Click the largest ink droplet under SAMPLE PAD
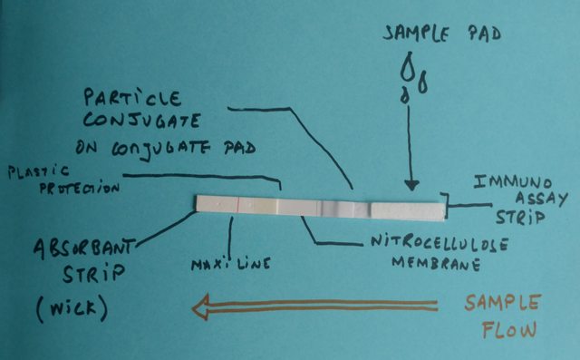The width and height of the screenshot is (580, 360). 408,66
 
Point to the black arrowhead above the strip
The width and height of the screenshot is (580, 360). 411,185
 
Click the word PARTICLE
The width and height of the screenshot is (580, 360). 132,98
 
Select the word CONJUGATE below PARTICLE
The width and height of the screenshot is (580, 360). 141,122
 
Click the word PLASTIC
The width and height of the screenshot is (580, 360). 38,172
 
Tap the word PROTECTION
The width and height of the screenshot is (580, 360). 80,188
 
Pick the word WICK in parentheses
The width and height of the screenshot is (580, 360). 72,309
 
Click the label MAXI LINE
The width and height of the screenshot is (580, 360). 231,264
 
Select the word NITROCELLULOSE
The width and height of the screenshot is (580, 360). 440,243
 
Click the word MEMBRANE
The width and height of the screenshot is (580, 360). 436,264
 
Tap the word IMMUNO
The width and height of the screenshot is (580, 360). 513,182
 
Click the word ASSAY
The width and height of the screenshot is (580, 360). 542,199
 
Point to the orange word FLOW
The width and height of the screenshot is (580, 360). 509,329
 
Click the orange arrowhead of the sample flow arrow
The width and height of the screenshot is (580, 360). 200,306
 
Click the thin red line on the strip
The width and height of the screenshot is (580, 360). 236,205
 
